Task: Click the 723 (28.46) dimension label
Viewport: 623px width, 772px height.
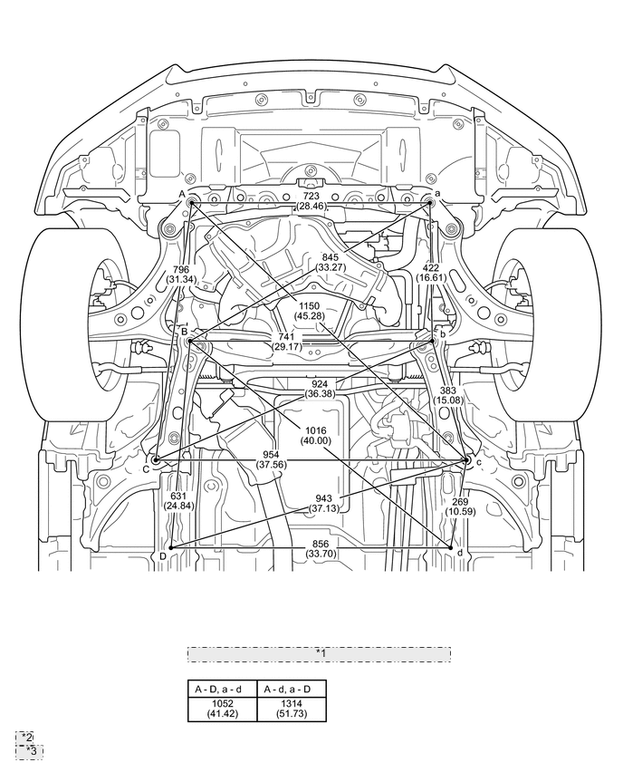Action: click(311, 201)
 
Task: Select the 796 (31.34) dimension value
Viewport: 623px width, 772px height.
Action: click(180, 275)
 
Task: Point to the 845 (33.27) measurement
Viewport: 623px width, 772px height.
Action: click(331, 263)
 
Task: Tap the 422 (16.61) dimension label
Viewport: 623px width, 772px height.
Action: click(431, 273)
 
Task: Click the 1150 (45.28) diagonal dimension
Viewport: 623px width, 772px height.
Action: click(308, 311)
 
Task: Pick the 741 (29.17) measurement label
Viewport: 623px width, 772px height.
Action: click(286, 342)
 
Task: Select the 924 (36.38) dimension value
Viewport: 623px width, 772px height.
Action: click(320, 389)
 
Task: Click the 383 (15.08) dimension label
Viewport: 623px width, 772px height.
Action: click(448, 395)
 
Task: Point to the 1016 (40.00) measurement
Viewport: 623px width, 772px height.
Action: click(315, 436)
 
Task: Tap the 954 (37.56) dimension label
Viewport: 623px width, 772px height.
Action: click(271, 459)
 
